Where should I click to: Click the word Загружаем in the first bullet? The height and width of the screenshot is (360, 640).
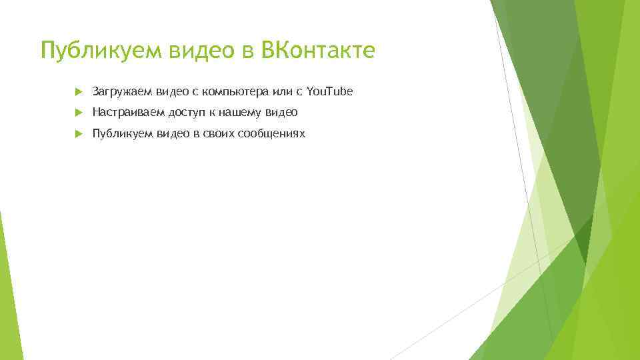[x=122, y=91]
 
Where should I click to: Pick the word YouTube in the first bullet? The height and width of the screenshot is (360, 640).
[x=329, y=90]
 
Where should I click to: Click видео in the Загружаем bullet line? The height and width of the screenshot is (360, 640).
[x=172, y=91]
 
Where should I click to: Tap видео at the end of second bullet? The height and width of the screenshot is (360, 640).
[x=283, y=112]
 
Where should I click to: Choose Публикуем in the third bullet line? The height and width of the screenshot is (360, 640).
[x=122, y=134]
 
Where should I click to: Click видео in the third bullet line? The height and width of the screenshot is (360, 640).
[x=172, y=133]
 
